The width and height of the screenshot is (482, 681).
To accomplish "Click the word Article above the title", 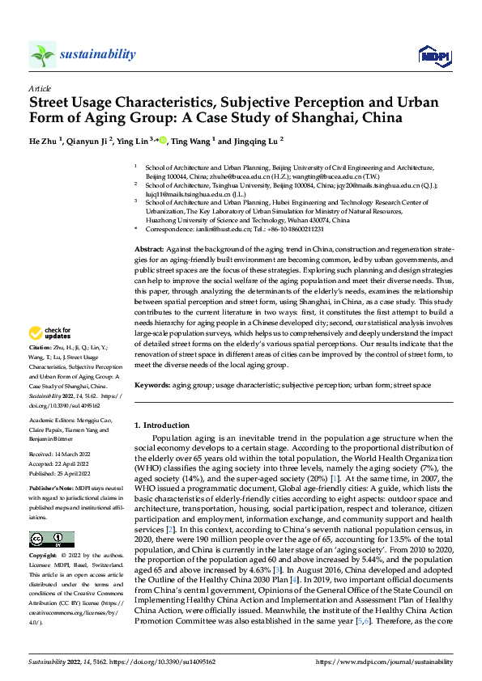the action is coord(40,88).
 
